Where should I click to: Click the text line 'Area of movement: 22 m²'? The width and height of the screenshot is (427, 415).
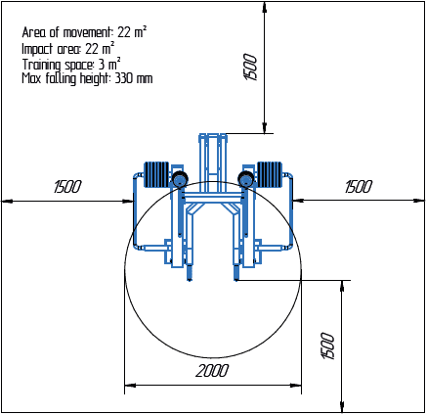[x=84, y=32]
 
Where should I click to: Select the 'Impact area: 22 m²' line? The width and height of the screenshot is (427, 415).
[x=67, y=47]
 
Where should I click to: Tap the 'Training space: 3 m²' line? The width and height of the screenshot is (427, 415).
[x=71, y=63]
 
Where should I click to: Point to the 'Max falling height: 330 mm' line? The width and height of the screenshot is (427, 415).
[x=87, y=77]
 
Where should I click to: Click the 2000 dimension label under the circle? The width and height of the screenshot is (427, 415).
[x=211, y=371]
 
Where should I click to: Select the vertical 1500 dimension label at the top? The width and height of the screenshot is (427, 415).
[x=250, y=68]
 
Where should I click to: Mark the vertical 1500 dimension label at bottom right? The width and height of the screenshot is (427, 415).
[x=328, y=346]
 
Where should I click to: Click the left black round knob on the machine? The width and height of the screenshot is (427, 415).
[x=179, y=178]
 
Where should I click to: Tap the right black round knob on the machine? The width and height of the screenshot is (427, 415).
[x=246, y=178]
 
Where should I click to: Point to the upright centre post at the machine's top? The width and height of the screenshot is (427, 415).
[x=213, y=157]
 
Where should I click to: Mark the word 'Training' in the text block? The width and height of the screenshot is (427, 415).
[x=42, y=63]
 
